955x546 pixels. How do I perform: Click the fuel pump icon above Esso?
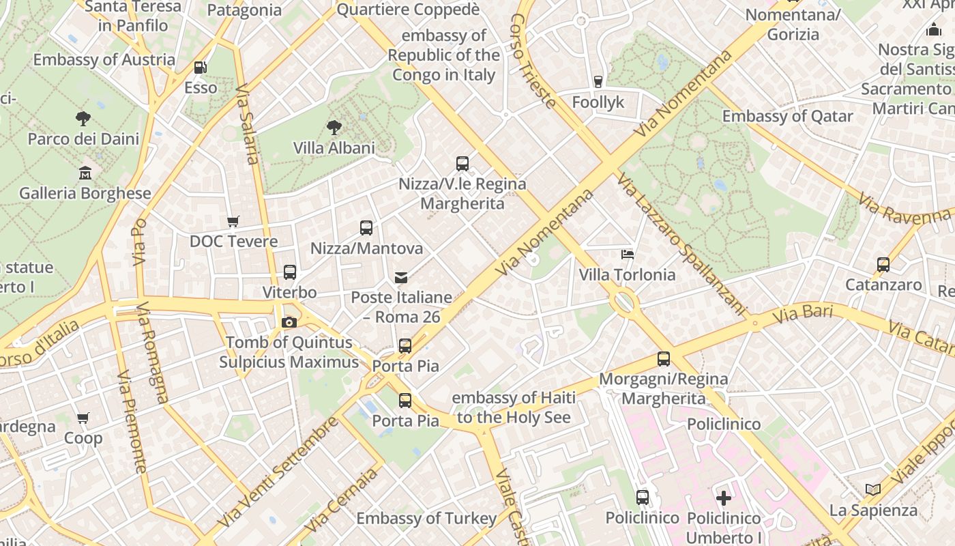[201, 67]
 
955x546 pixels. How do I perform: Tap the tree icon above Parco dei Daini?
[83, 119]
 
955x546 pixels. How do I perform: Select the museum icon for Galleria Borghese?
[85, 173]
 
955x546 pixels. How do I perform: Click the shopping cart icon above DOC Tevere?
[233, 221]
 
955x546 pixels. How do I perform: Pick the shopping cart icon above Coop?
[83, 418]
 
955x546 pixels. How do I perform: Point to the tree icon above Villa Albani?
[334, 127]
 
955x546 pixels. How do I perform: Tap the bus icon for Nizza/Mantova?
[366, 228]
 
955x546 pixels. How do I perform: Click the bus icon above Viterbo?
[290, 272]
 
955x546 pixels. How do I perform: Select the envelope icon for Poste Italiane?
[401, 278]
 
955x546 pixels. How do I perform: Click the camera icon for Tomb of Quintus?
[289, 322]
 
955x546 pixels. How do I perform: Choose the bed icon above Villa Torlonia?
[628, 255]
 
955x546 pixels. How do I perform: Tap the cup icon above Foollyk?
[598, 82]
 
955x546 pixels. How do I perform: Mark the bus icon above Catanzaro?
[883, 265]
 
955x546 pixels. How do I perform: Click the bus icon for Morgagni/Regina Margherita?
[664, 358]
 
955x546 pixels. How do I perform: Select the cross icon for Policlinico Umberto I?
[724, 498]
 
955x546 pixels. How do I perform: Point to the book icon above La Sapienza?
[873, 489]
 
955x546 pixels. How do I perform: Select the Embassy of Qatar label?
[787, 116]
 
